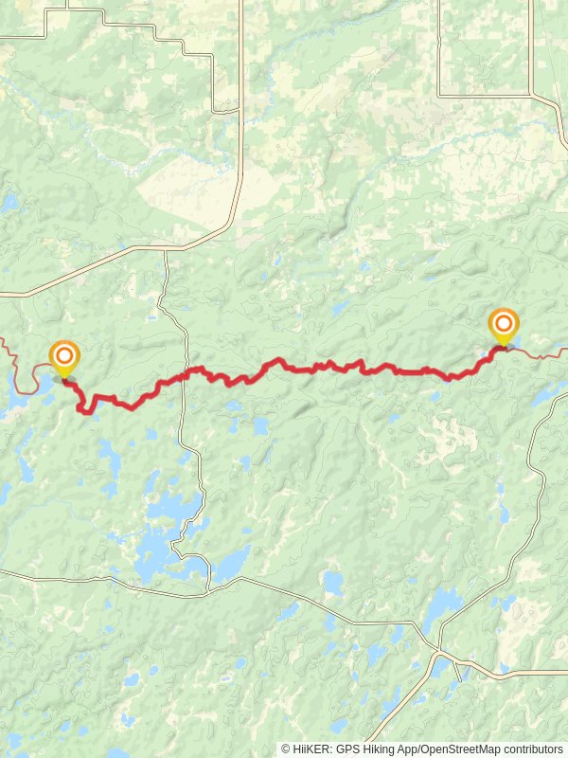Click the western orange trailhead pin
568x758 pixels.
64,357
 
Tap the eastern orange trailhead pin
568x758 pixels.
503,325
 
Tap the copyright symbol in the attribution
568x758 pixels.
286,749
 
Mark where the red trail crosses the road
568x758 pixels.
182,375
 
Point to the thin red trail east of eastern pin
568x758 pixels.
540,355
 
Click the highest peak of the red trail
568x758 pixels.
279,360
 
